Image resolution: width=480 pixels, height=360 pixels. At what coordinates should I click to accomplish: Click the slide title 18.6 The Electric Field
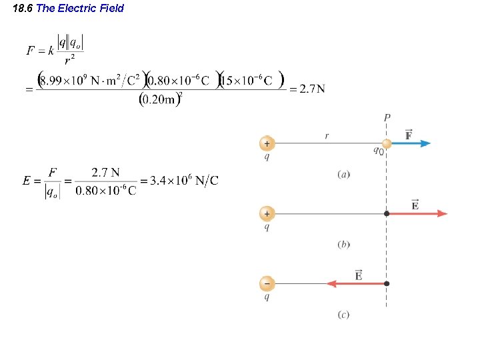(x=69, y=9)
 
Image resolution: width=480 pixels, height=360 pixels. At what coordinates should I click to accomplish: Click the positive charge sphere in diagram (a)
(x=267, y=143)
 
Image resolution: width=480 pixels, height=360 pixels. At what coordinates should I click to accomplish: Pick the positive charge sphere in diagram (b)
(x=267, y=214)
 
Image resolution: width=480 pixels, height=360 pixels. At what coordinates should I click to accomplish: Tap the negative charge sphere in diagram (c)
(x=267, y=283)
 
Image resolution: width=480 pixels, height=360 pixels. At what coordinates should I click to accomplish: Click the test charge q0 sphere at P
(x=387, y=143)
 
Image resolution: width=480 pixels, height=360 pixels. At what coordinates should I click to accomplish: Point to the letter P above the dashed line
(x=387, y=118)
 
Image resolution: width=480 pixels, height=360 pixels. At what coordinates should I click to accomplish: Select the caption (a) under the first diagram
(x=344, y=175)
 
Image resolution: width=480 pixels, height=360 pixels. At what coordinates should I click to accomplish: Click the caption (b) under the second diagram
(x=344, y=245)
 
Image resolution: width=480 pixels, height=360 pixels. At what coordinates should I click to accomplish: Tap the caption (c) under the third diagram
(x=344, y=315)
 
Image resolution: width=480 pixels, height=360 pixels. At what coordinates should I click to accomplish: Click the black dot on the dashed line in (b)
(x=387, y=214)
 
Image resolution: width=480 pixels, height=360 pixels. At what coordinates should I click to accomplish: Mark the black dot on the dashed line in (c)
(x=387, y=283)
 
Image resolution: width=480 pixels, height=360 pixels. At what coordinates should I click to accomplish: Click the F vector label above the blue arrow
(x=409, y=135)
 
